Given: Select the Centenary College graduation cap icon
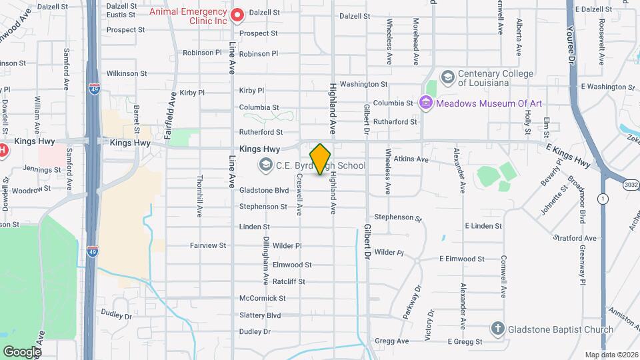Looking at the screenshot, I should pos(447,77).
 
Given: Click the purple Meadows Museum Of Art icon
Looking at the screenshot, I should pos(425,103).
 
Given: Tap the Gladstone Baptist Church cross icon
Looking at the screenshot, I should pos(497,329).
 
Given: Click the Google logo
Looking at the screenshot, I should pos(21,351).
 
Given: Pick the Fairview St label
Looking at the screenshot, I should pos(208,245).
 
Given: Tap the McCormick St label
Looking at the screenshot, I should pos(262,299).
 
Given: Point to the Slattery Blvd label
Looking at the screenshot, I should pos(260,315).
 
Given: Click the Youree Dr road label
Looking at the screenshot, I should pos(571,45).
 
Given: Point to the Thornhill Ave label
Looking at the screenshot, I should pos(199,197).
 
